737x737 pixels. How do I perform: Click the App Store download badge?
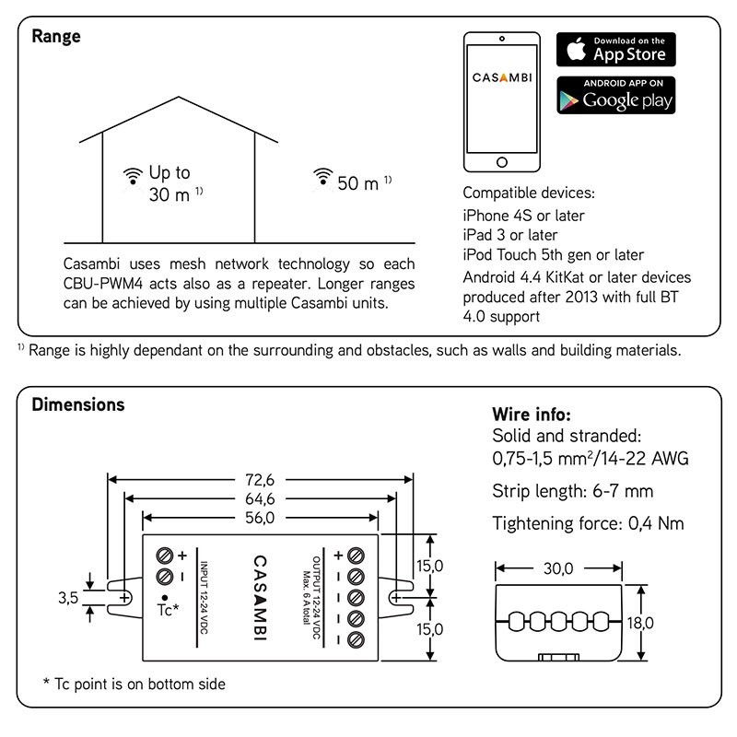(x=615, y=50)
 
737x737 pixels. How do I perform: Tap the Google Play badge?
(x=615, y=95)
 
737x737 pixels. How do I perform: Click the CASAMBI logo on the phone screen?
(x=502, y=79)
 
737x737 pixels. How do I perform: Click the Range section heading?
(x=56, y=37)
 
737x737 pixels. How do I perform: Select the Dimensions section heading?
(x=78, y=404)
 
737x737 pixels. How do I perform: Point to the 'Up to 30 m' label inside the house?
(x=170, y=183)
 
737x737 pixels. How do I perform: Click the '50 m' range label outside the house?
(x=358, y=183)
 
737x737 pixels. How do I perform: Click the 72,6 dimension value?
(x=260, y=479)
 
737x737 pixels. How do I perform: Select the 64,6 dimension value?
(x=260, y=498)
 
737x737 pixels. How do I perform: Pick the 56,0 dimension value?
(x=260, y=518)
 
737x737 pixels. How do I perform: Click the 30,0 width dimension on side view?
(x=556, y=568)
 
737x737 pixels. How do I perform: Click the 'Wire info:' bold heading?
(x=531, y=414)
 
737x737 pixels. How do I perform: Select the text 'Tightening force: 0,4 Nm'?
(x=589, y=523)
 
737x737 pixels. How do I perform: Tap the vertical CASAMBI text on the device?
(x=260, y=599)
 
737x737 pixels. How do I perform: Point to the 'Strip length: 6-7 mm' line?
(x=573, y=490)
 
